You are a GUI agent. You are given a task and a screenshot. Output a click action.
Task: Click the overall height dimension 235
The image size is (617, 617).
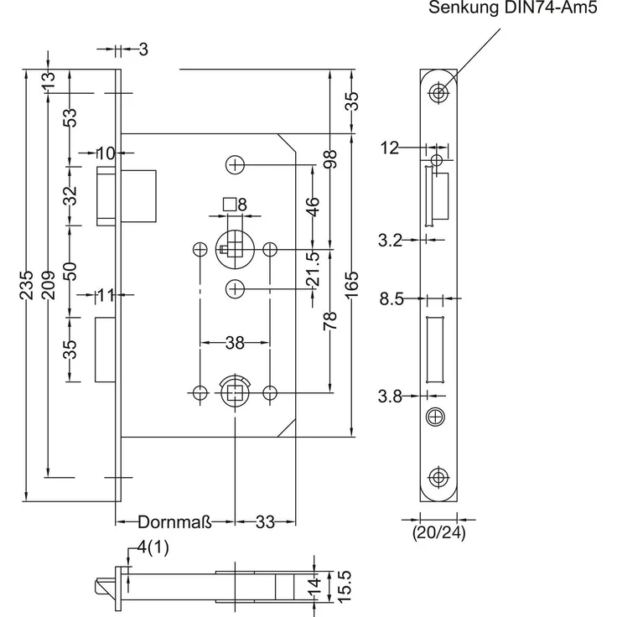click(x=26, y=285)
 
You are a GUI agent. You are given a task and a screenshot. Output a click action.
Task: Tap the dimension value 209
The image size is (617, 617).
click(x=48, y=285)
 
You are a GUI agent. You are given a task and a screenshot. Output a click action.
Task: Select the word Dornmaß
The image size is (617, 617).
click(x=175, y=522)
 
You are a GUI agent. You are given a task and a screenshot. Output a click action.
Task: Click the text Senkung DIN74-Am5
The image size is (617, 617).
click(x=513, y=8)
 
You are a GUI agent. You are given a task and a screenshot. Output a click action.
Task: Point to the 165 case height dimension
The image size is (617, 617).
click(x=352, y=284)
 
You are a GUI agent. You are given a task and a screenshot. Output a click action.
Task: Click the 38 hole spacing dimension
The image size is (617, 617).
click(x=235, y=343)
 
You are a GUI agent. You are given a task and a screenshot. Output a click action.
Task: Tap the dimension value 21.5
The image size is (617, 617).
click(x=314, y=269)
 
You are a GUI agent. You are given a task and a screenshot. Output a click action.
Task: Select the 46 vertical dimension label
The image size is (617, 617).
click(x=313, y=207)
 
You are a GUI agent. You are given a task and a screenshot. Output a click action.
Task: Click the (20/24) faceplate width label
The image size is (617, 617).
click(x=438, y=533)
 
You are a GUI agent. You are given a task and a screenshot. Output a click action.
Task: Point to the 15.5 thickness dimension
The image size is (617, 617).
click(x=345, y=587)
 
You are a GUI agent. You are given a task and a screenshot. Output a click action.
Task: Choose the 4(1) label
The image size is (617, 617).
click(x=153, y=547)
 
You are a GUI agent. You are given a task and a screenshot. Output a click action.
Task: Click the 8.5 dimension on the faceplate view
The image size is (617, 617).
click(x=391, y=299)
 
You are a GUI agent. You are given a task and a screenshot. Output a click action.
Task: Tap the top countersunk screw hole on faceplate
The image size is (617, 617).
click(x=438, y=93)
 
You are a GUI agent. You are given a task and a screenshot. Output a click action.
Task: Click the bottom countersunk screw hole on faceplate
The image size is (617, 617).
click(x=438, y=477)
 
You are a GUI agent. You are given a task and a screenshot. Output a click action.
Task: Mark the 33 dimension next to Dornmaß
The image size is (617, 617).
click(x=265, y=522)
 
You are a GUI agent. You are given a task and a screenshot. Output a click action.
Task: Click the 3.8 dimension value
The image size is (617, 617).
click(x=390, y=397)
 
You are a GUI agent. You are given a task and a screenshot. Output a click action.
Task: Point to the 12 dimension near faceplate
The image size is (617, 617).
click(x=390, y=148)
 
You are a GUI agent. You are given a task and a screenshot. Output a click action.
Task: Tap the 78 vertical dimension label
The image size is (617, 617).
click(x=330, y=321)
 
